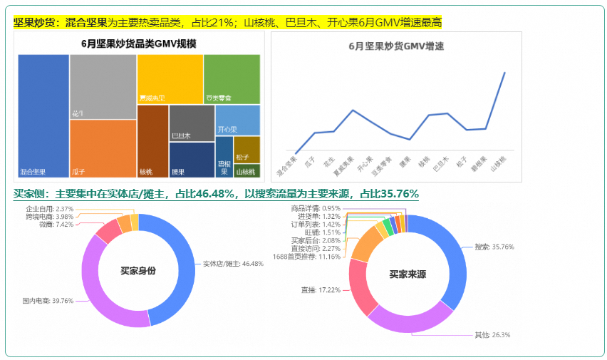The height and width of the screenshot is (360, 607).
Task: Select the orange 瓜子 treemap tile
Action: coord(103,148)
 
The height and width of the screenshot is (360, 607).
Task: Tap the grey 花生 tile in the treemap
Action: coord(103,86)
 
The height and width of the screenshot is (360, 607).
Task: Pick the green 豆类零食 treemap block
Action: coord(232,78)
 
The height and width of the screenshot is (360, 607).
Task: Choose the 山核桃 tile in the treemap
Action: coord(247,171)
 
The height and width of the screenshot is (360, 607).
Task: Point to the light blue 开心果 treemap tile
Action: coord(237,120)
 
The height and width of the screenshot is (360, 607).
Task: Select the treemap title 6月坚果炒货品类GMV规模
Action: coord(139,43)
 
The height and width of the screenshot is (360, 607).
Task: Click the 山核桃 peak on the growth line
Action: coord(504,73)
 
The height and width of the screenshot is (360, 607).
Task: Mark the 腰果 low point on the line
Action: coord(409,139)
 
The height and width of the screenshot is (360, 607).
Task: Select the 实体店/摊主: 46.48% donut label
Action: coord(233,264)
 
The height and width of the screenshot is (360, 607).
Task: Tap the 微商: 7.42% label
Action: coord(56,224)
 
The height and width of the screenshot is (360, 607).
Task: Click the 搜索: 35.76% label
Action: coord(494,247)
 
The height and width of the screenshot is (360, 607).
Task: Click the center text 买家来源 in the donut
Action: coord(408,273)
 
